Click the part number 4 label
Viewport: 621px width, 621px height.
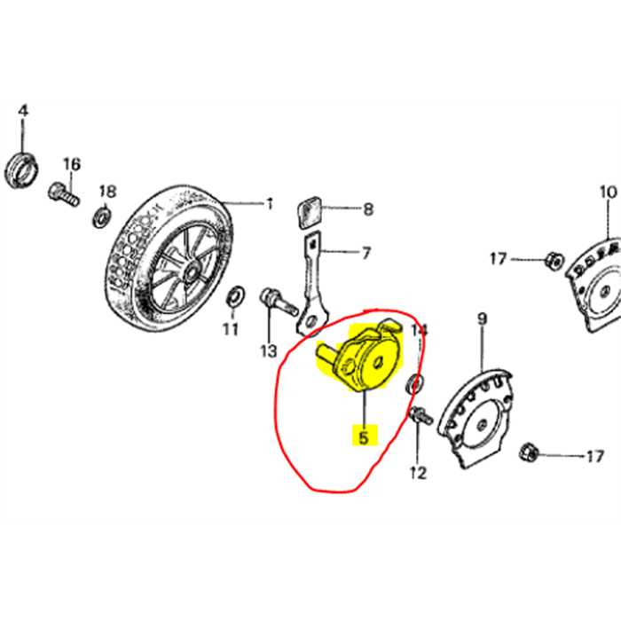[24, 111]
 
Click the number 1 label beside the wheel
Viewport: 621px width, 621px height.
[269, 205]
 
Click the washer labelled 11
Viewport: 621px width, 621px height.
[237, 295]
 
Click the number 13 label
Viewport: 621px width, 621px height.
[269, 351]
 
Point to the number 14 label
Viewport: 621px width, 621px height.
[420, 330]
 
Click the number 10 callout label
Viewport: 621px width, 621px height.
[607, 192]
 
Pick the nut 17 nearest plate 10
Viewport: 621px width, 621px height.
[550, 259]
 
